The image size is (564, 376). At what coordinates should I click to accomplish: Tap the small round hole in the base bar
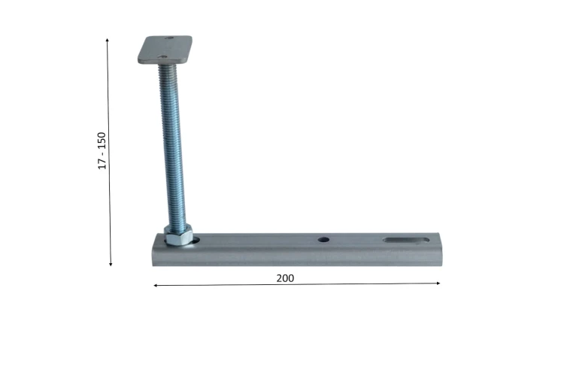coord(323,239)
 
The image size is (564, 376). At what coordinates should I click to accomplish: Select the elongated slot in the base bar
coord(406,240)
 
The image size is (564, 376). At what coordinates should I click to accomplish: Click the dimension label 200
coord(285,278)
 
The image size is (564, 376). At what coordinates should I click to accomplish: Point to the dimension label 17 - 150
coord(102,150)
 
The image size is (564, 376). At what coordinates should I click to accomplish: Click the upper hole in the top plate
coord(169,38)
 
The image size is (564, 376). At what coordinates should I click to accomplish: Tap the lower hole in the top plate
coord(163,56)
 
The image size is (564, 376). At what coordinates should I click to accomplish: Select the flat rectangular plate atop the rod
coord(165,50)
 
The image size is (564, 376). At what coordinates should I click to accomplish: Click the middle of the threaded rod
coord(173,146)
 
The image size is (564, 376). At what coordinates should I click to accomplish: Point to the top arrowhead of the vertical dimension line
coord(108,40)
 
